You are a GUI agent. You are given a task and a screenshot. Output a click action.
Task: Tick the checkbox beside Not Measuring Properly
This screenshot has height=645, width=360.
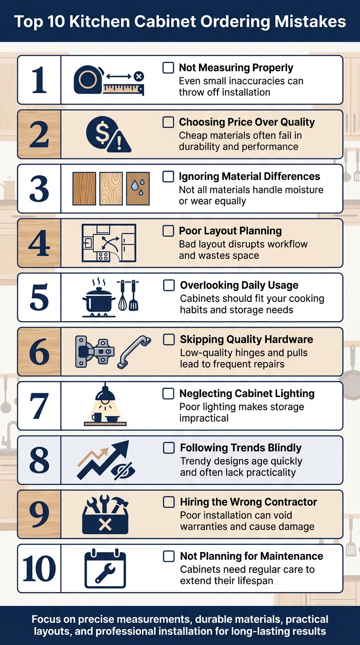(168, 68)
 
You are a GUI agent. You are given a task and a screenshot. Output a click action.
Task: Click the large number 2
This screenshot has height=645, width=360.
(39, 135)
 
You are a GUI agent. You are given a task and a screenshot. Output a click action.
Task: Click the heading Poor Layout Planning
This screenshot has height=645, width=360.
(230, 231)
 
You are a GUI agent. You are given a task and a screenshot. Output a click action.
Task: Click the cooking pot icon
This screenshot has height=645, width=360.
(99, 299)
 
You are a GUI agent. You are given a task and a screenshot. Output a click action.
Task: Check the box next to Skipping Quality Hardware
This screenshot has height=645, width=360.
(169, 339)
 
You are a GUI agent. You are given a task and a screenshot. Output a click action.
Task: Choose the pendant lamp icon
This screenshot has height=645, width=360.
(105, 394)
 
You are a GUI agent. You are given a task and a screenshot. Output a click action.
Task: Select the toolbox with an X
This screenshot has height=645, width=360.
(105, 516)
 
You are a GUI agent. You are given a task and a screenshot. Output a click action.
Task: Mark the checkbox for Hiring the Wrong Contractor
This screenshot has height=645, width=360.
(169, 502)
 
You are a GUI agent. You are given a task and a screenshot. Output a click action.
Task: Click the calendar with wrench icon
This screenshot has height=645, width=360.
(105, 569)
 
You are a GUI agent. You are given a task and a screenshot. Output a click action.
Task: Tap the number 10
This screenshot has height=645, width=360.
(39, 569)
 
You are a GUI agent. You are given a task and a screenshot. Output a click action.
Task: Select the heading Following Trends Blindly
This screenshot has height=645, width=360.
(240, 448)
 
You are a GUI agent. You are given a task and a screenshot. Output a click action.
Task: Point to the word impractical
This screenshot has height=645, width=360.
(203, 418)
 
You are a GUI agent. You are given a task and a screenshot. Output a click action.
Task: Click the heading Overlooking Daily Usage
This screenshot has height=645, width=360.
(239, 285)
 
